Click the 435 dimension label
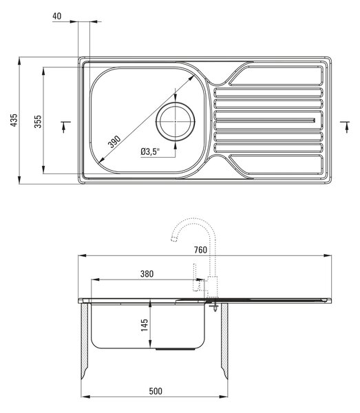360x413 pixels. point(14,120)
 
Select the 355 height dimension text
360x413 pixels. point(38,121)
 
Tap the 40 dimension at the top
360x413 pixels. point(57,16)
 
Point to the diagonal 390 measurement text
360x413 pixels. point(114,141)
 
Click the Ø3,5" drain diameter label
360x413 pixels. point(150,151)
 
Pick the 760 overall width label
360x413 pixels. point(200,250)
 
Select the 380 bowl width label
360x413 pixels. point(147,274)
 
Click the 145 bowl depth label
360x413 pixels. point(145,325)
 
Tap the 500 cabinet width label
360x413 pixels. point(156,391)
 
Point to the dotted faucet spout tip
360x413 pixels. point(174,239)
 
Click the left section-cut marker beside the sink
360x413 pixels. point(65,127)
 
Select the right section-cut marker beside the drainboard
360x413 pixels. point(346,127)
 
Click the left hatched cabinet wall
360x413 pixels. point(85,341)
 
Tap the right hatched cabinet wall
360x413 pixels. point(224,341)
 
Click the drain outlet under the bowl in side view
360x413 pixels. point(176,349)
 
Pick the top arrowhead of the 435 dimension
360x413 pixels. point(19,61)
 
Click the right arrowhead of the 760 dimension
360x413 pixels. point(328,255)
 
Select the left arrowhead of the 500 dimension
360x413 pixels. point(85,396)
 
